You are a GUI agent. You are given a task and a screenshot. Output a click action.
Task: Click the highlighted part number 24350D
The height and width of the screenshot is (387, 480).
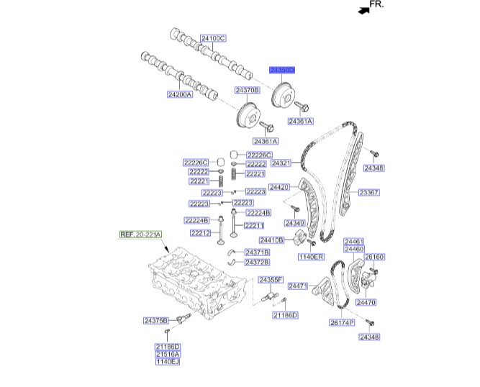click(x=282, y=70)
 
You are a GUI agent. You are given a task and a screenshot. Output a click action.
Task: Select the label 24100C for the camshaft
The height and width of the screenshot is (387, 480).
click(x=213, y=38)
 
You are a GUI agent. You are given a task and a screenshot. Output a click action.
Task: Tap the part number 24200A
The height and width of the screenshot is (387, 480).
click(x=180, y=94)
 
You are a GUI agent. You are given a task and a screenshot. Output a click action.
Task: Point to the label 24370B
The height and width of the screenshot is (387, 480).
click(x=247, y=90)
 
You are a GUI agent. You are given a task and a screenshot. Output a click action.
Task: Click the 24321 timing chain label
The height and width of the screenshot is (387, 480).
click(x=280, y=163)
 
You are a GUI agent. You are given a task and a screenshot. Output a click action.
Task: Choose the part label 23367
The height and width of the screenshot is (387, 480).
click(x=370, y=192)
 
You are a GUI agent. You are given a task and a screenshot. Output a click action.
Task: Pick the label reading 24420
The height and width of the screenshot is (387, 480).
click(x=279, y=187)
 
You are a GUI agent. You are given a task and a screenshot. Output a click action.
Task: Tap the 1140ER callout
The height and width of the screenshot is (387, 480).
click(x=312, y=257)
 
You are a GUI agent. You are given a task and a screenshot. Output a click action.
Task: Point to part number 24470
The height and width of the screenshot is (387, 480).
click(x=366, y=303)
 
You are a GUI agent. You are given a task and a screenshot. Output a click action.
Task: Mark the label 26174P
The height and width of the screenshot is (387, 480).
click(x=342, y=323)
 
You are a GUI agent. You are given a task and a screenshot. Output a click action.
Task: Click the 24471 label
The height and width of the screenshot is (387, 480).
click(x=298, y=286)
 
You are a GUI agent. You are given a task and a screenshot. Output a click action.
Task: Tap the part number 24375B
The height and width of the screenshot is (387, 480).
click(x=155, y=320)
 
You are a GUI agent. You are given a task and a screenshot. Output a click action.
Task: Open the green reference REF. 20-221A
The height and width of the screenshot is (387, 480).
click(x=141, y=235)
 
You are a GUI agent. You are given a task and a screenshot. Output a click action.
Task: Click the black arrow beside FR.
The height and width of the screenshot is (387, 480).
click(x=362, y=9)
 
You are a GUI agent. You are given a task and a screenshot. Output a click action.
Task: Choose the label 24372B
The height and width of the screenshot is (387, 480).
click(x=257, y=262)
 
